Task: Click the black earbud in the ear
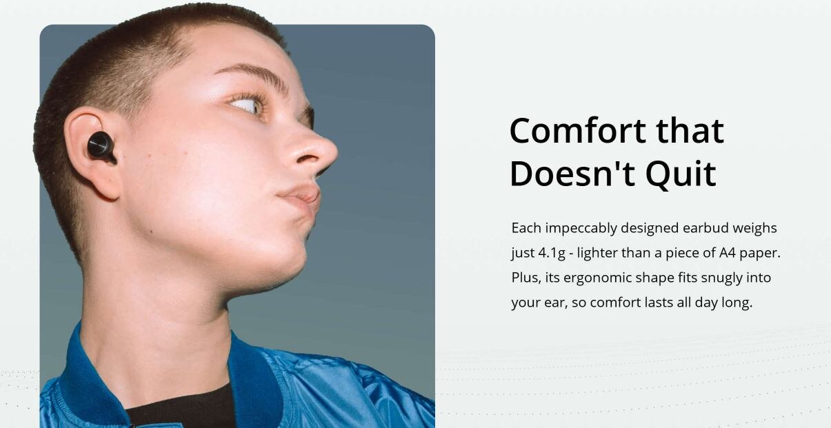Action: pos(101,147)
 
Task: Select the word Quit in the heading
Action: pos(681,174)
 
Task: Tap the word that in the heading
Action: pos(690,131)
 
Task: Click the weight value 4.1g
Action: pos(552,253)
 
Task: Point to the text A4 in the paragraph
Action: pos(727,253)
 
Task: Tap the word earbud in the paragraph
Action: pos(706,227)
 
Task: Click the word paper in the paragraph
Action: pos(760,254)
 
